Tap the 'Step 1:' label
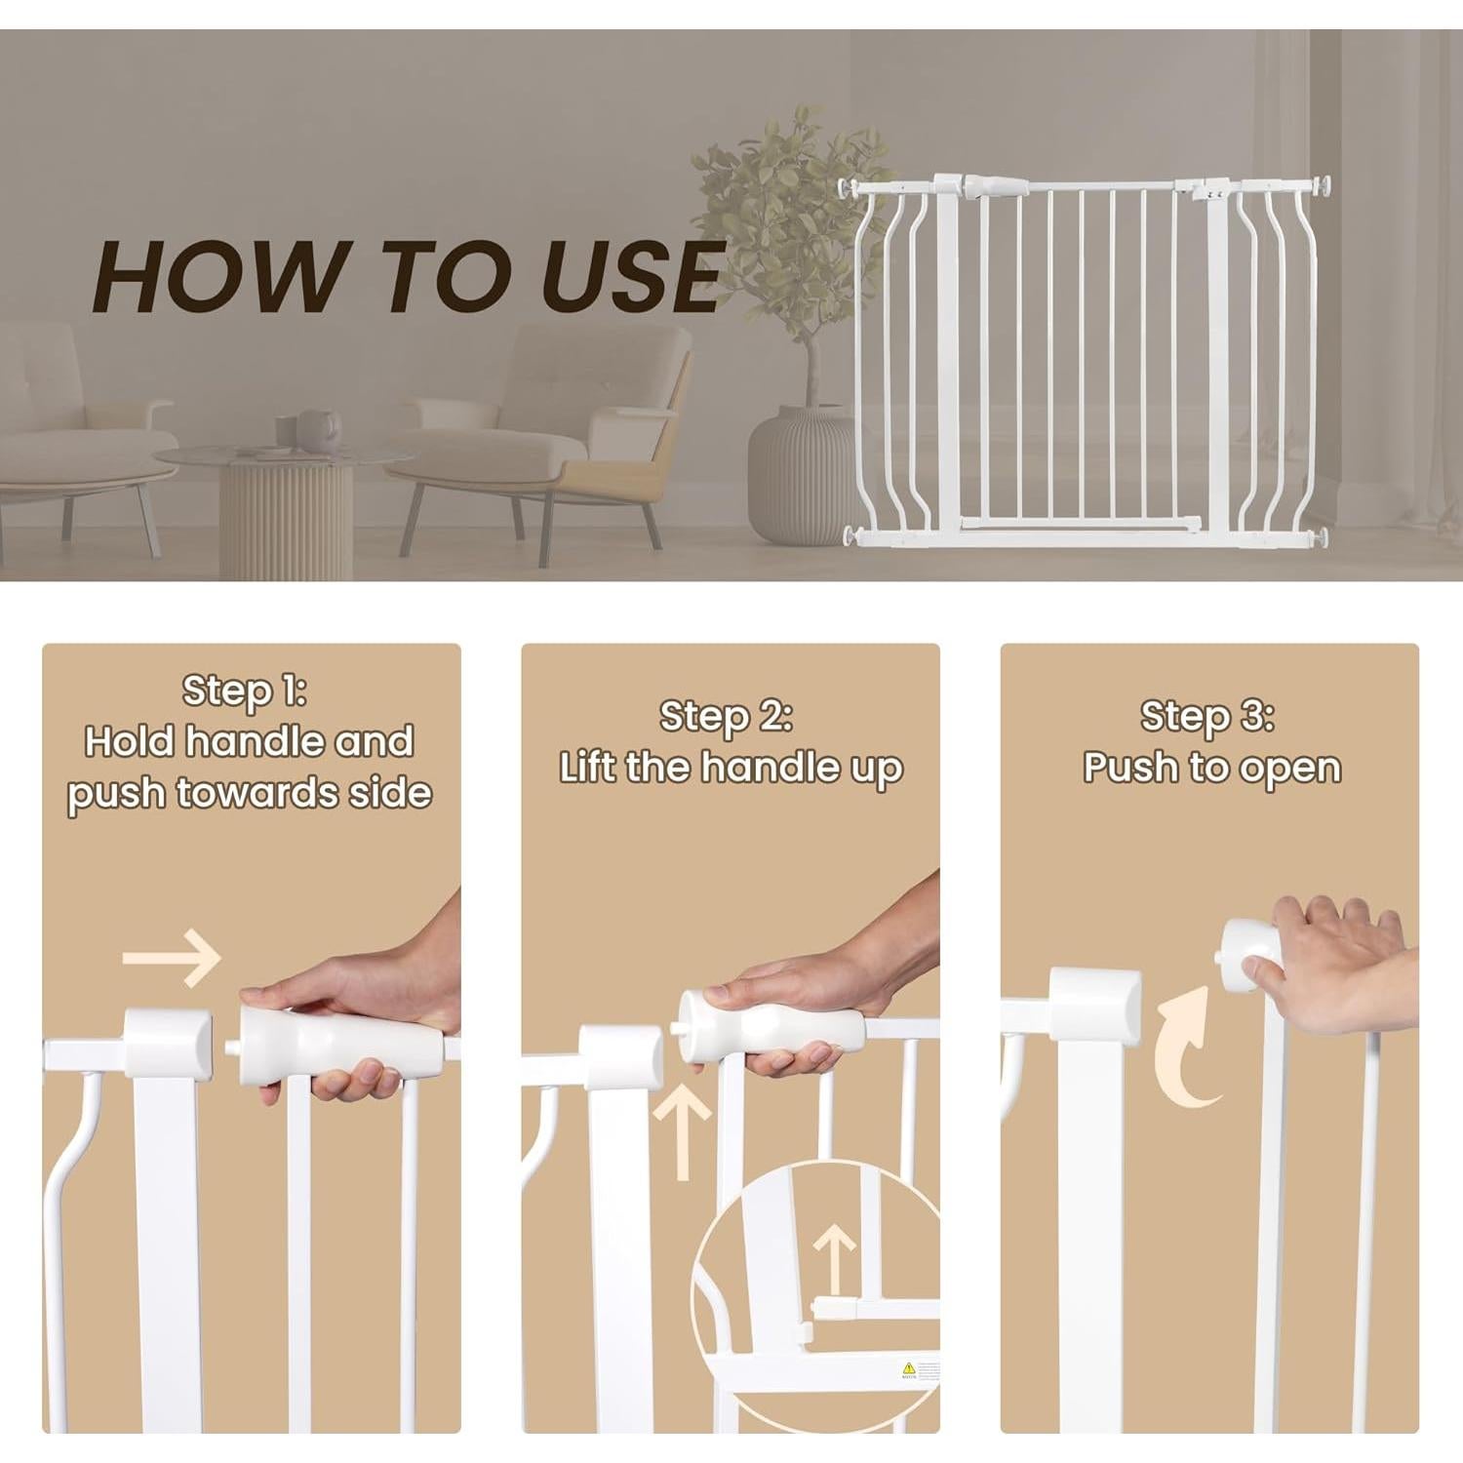[245, 692]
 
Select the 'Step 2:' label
[726, 717]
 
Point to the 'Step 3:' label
[1207, 717]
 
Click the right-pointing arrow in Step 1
[173, 958]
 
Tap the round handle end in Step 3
[1251, 945]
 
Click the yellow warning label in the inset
[908, 1368]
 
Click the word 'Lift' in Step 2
[587, 768]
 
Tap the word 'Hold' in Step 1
[130, 742]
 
